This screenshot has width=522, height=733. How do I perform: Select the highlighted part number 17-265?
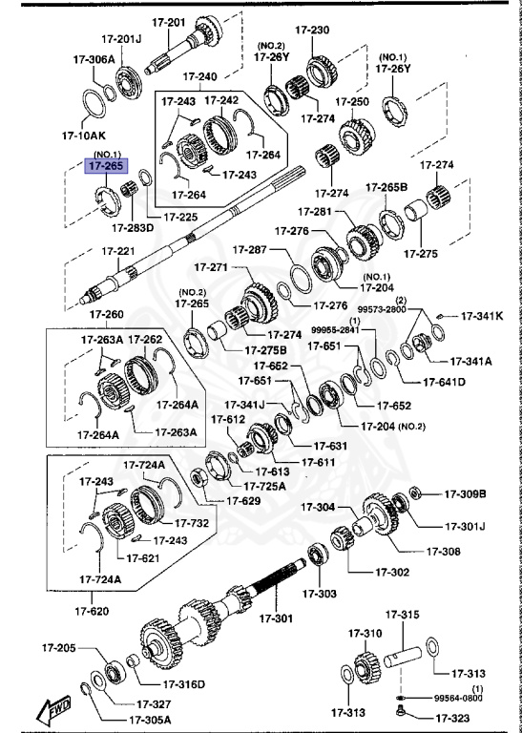(106, 166)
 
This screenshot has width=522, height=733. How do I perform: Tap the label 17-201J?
(121, 39)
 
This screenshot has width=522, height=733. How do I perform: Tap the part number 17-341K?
(482, 315)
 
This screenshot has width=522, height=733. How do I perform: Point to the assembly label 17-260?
(107, 314)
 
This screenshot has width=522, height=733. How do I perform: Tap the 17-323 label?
(453, 717)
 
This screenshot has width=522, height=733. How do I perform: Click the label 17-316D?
(184, 683)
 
